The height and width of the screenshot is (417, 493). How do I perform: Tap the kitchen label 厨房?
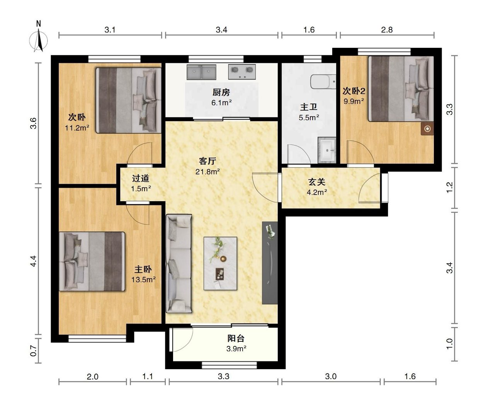221,92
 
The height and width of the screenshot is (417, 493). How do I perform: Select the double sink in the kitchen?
201,72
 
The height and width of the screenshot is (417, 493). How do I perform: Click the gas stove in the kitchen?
242,71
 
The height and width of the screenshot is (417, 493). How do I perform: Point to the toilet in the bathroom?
323,81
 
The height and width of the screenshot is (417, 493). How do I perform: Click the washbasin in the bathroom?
327,150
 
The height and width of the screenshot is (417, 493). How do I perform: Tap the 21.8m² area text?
207,171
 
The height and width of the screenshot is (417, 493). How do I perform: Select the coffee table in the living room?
220,263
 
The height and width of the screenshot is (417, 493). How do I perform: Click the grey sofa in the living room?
179,263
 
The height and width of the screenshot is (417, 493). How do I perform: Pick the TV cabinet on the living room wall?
270,263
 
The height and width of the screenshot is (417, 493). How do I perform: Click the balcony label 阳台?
236,338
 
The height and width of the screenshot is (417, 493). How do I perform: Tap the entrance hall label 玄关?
317,182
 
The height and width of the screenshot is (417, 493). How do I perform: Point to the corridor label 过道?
141,178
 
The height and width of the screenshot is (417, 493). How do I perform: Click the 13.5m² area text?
144,280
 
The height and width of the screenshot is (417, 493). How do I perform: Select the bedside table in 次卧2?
427,129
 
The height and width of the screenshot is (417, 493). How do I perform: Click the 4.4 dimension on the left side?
34,261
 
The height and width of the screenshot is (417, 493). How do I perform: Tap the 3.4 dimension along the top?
221,30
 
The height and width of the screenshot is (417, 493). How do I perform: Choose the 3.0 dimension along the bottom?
331,376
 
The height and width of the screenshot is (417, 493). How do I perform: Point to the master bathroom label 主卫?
309,107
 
